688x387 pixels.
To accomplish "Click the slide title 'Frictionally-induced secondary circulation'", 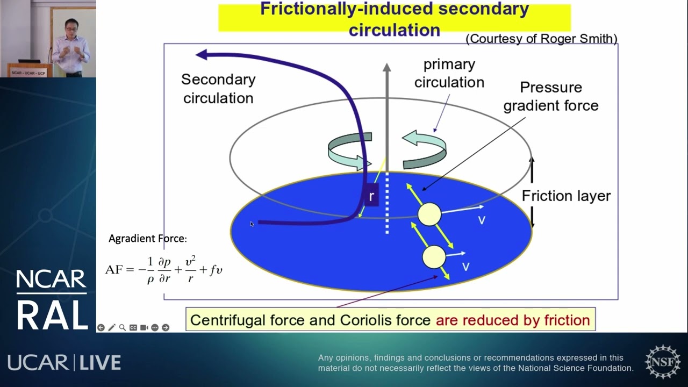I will coord(394,19).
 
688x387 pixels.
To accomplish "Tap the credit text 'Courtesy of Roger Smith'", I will coord(542,39).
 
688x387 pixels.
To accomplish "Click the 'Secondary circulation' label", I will coord(218,89).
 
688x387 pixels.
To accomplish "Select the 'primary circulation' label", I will coord(449,73).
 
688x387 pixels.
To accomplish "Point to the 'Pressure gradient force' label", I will coord(551,96).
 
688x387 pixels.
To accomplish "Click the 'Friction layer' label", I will coord(566,196).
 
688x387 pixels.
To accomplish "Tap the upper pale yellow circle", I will coord(429,214).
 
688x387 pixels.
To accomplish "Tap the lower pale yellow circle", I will coord(434,257).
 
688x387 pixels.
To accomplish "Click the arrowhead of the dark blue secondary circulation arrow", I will coord(202,54).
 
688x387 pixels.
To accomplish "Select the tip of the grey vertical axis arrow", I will coord(386,67).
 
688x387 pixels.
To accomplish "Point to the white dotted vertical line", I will coord(386,204).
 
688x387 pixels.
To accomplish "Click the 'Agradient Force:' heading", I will coord(148,239).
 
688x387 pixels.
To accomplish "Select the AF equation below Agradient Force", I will coord(163,269).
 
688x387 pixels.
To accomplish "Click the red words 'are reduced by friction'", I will coord(513,320).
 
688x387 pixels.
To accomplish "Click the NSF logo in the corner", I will coord(662,362).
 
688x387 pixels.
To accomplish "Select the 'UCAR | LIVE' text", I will coord(64,363).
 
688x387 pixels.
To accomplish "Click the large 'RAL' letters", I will coord(52,314).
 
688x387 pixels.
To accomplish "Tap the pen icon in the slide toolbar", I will coord(111,327).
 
